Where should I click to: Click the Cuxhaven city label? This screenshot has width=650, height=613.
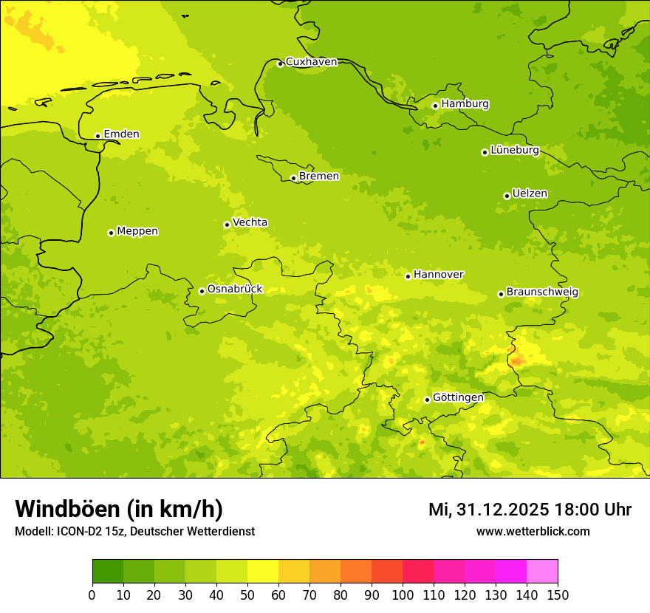tap(311, 62)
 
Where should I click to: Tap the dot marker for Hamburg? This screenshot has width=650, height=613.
tap(435, 106)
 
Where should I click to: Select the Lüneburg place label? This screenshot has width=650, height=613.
tap(514, 150)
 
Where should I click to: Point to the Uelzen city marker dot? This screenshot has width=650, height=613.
tap(507, 196)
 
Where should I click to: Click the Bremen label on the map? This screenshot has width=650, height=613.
tap(318, 177)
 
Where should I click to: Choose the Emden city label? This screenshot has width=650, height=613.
tap(121, 134)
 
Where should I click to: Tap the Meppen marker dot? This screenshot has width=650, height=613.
tap(111, 233)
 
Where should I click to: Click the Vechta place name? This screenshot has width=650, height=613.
tap(250, 222)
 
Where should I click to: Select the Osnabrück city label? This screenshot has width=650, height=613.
tap(234, 289)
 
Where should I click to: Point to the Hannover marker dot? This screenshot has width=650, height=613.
tap(408, 276)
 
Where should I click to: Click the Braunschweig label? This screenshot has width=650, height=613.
tap(541, 292)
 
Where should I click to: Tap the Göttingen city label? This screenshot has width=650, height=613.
tap(458, 397)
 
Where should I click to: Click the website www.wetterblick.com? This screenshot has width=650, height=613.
tap(533, 532)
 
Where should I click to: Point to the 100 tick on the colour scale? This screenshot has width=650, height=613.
tap(403, 594)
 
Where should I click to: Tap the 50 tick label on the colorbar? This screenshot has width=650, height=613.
tap(247, 594)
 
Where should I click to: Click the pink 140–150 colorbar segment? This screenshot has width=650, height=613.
tap(542, 571)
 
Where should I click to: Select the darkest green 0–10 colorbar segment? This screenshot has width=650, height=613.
tap(108, 571)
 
